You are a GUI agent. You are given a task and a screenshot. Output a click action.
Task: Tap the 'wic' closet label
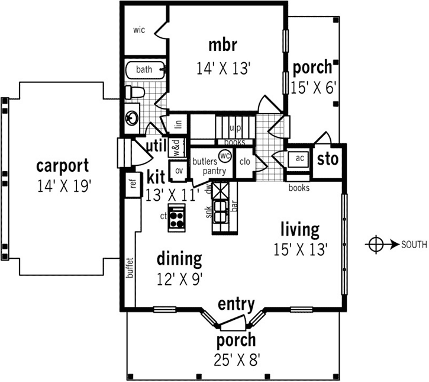[x=139, y=30]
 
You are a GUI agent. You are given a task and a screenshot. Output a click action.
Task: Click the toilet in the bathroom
[x=134, y=92]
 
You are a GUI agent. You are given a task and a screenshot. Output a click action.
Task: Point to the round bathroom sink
[x=131, y=118]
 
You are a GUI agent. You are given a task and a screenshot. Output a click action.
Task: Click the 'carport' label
[x=62, y=165]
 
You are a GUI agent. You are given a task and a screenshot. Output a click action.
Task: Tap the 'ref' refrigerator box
[x=131, y=184]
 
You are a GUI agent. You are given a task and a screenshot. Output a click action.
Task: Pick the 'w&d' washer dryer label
[x=176, y=144]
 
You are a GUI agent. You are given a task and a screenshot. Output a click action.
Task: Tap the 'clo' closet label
[x=244, y=162]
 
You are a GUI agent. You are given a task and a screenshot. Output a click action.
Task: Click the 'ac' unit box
[x=299, y=158]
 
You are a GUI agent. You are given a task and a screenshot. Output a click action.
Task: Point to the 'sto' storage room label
[x=327, y=159]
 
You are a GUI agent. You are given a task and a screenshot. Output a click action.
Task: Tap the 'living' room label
[x=300, y=229]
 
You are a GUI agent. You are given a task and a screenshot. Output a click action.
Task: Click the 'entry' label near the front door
[x=236, y=304]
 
